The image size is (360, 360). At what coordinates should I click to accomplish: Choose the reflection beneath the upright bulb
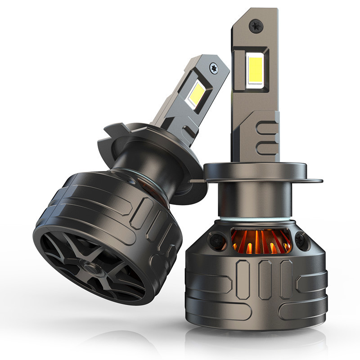[x=256, y=340]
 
